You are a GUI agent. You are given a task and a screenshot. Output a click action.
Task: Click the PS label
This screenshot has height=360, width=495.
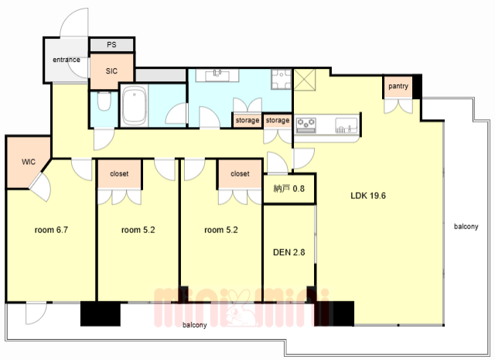point(111,45)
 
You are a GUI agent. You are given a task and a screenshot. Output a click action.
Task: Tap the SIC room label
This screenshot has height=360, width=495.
point(111,71)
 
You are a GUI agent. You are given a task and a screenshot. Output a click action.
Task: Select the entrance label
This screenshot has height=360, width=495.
point(67,60)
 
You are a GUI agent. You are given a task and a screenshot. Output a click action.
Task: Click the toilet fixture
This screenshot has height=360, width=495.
point(104,101)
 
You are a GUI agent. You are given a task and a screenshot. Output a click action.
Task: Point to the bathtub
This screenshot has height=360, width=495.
point(135,106)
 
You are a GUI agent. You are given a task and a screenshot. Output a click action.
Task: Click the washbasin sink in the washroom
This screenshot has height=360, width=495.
point(217,75)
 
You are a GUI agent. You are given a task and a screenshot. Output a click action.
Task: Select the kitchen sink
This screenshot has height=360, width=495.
point(346,125)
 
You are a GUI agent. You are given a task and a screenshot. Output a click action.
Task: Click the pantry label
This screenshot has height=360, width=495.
point(398,86)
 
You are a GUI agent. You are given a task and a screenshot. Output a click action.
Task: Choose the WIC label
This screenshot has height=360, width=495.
point(29,162)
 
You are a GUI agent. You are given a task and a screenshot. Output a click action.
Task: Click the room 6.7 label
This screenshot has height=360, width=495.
point(51,230)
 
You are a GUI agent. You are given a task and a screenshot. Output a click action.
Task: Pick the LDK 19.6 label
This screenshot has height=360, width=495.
point(368,196)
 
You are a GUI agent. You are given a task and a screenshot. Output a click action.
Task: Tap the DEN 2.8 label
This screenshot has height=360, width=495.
point(288,252)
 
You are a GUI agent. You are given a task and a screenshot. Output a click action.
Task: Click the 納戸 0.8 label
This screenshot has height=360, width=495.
point(288,189)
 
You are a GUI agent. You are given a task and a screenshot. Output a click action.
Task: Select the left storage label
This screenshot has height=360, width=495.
point(247,121)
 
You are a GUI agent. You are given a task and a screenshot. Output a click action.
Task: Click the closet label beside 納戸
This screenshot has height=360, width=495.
point(240,173)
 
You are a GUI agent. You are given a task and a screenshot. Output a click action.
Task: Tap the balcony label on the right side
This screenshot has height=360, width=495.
point(466,226)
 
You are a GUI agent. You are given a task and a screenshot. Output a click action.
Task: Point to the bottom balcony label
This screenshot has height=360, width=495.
point(194,325)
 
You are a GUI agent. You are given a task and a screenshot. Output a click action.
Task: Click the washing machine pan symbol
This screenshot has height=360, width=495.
point(281,79)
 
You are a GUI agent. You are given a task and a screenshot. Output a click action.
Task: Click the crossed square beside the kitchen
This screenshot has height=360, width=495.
point(305,80)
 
